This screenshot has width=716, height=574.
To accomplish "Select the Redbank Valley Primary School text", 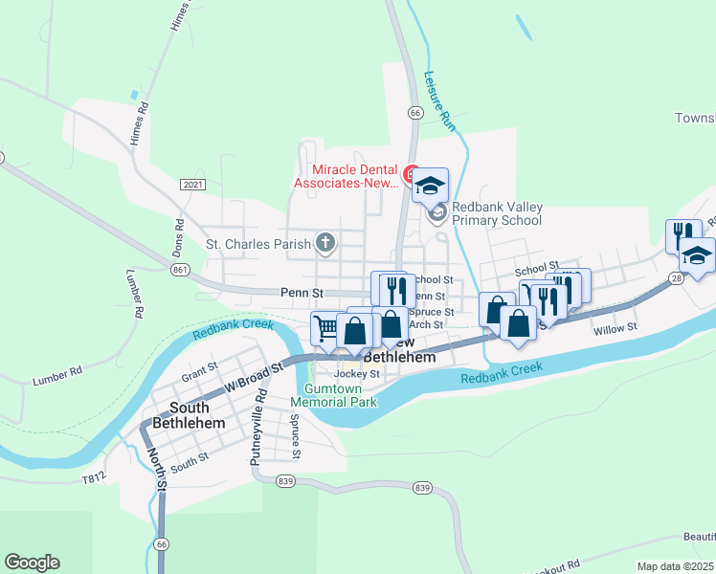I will tap(497, 212).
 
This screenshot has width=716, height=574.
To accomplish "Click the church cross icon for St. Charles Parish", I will tap(325, 243).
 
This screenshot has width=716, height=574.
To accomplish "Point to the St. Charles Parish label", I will tap(258, 244).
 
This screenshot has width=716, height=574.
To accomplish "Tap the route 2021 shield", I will tap(191, 183).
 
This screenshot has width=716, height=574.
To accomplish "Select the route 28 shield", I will tap(677, 277).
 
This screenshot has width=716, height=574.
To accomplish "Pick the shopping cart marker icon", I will tap(324, 328).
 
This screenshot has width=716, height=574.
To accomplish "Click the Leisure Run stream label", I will tap(439, 100).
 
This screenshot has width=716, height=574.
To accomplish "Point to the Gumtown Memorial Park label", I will tap(341, 395).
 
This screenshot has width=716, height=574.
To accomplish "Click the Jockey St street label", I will tap(356, 373).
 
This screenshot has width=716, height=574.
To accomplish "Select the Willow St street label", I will tap(615, 328).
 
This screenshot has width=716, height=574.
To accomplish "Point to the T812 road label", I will tap(93, 476).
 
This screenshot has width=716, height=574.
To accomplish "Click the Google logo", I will tap(32, 563).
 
